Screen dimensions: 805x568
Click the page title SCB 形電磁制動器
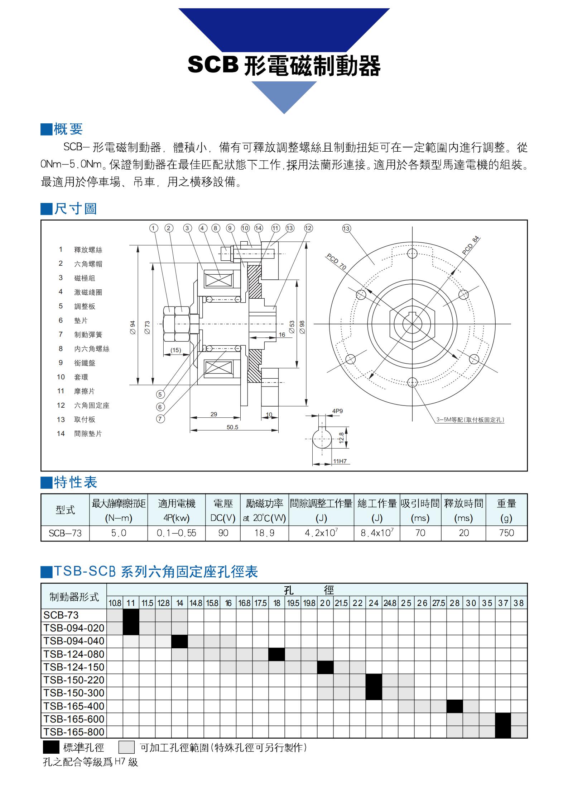[x=284, y=66]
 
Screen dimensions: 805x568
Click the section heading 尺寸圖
[x=75, y=208]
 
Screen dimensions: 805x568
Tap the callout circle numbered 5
[x=160, y=394]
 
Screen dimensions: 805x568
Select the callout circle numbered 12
[x=308, y=228]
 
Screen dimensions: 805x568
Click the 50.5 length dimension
[x=232, y=427]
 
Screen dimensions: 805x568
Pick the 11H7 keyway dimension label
[x=340, y=461]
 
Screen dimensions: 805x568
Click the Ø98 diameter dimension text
[x=302, y=327]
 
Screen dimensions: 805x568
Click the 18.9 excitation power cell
[x=264, y=533]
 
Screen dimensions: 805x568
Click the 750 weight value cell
[x=506, y=533]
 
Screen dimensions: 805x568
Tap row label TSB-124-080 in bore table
[x=74, y=654]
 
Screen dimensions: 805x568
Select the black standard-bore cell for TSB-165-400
[x=454, y=706]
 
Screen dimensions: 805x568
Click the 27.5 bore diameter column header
[x=438, y=603]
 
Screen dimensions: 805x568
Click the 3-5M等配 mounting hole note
[x=470, y=420]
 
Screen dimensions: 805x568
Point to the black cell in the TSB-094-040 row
[x=179, y=641]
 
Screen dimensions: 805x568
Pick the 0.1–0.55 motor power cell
[x=177, y=533]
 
